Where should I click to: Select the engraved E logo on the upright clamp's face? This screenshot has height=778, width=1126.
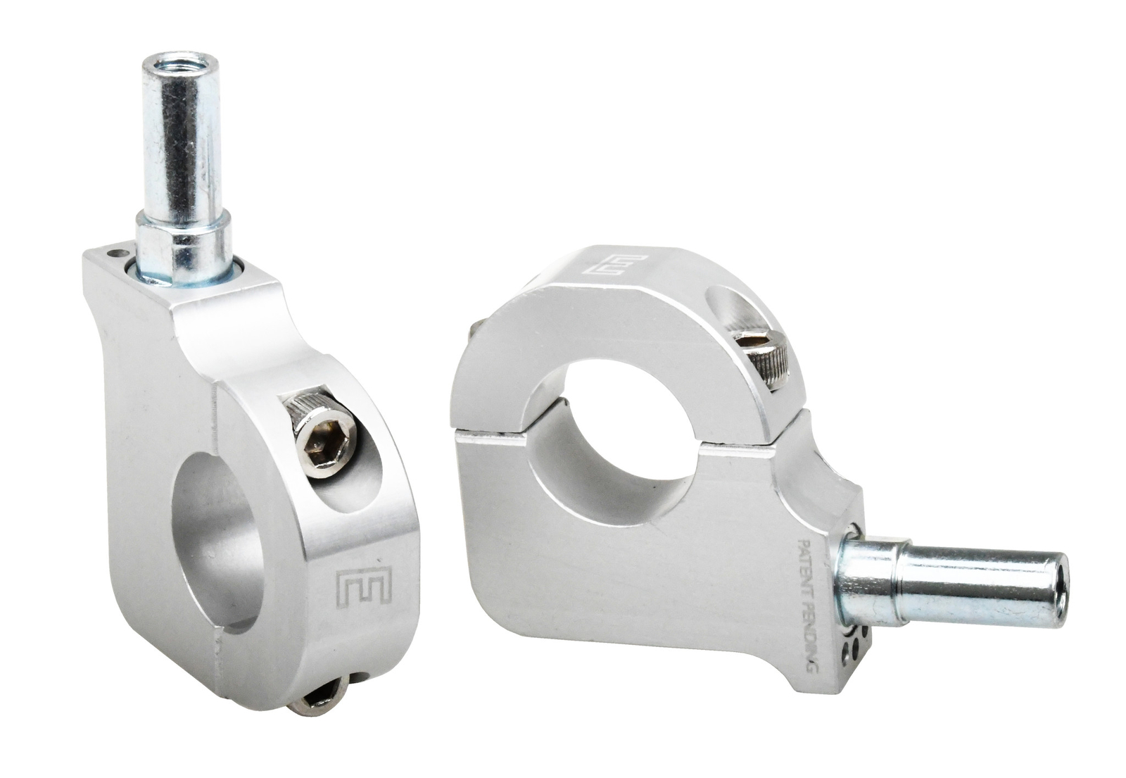[x=363, y=589]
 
